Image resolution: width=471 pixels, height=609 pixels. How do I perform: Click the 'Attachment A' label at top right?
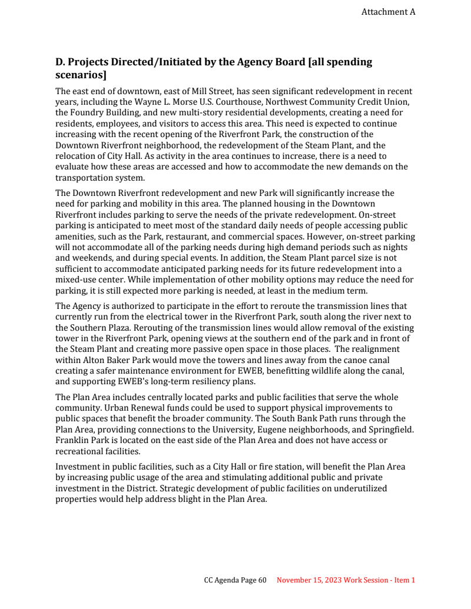click(x=388, y=12)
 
